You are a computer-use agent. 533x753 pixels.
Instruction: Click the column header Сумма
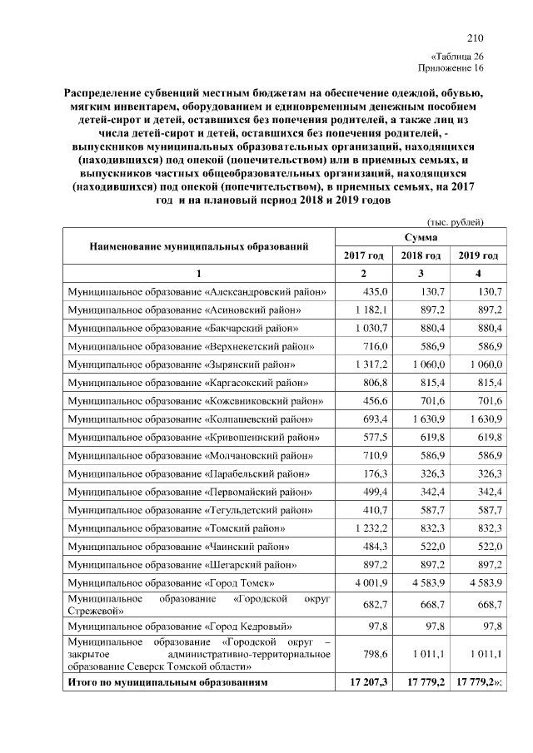(421, 238)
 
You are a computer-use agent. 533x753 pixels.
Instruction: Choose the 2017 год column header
(364, 255)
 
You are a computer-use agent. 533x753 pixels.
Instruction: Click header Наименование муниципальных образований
(199, 246)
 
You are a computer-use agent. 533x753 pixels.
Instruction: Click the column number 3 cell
(421, 274)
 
